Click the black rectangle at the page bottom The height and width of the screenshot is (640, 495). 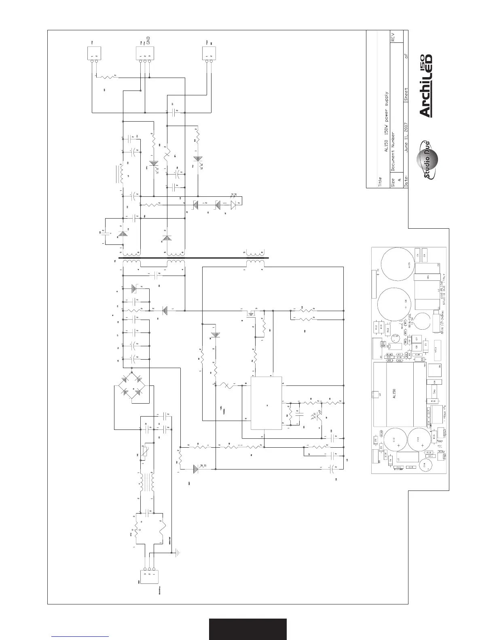tap(247, 629)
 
